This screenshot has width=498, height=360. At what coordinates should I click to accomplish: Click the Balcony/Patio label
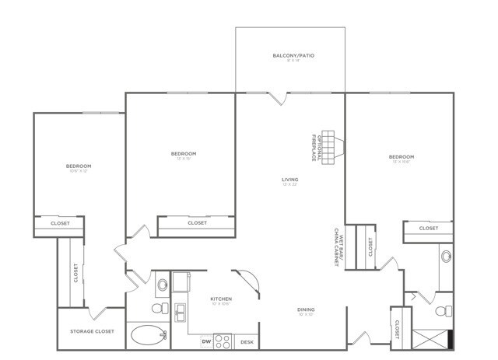290,56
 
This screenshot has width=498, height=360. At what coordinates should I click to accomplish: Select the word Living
289,180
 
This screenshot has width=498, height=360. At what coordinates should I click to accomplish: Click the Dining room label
306,309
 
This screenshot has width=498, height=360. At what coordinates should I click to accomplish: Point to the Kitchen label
221,299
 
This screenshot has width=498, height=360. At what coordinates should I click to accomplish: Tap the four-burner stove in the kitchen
223,341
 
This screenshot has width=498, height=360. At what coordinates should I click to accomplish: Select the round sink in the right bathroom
447,256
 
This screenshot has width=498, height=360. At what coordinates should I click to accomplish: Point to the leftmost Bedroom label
79,166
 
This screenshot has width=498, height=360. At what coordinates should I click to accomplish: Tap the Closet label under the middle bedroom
197,223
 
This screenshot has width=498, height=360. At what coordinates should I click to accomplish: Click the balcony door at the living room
278,98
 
